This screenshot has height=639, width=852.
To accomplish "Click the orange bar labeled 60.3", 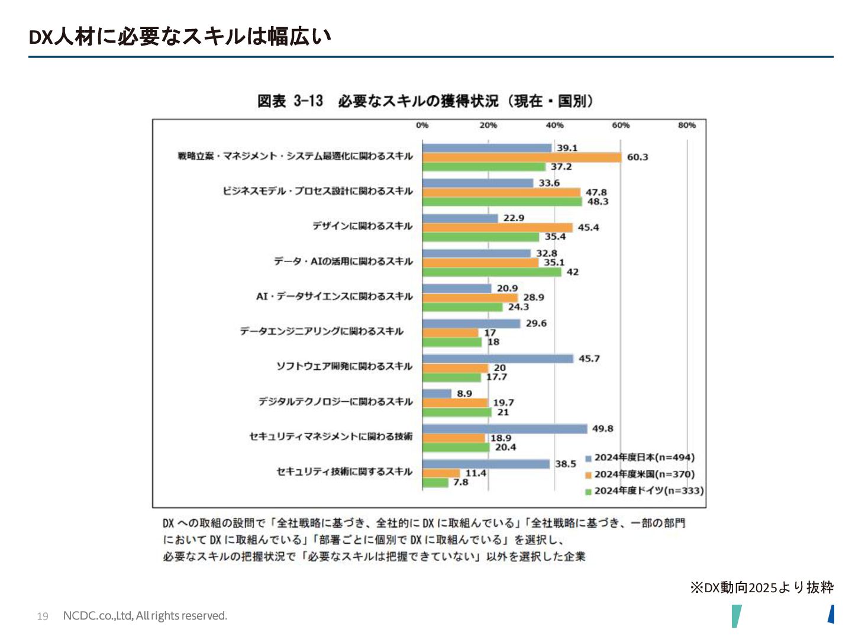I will point(522,157).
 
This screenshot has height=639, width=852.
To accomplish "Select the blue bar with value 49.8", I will point(505,429).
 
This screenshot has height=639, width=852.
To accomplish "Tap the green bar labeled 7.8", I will point(435,483).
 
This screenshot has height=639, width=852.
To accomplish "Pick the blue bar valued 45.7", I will point(498,359).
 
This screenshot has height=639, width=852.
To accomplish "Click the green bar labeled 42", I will point(492,272).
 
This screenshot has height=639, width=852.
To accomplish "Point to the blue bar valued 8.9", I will point(437,393).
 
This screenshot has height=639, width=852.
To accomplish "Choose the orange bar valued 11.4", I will point(441,473).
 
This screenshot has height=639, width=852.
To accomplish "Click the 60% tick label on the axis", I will point(621,125).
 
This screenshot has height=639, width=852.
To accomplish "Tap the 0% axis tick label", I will point(422,125).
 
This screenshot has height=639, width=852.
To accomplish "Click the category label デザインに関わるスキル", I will point(362,226).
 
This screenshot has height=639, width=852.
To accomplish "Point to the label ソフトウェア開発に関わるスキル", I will point(344,366).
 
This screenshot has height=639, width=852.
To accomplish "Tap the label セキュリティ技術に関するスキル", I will point(344,472).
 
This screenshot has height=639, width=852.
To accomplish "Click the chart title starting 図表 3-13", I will point(425,101).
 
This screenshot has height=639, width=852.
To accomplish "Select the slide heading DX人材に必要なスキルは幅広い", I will point(180,37).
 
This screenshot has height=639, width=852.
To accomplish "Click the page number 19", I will point(43,617).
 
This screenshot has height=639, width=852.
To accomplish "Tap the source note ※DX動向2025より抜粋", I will point(761,588).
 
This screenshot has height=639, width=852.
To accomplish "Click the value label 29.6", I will point(536,324).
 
